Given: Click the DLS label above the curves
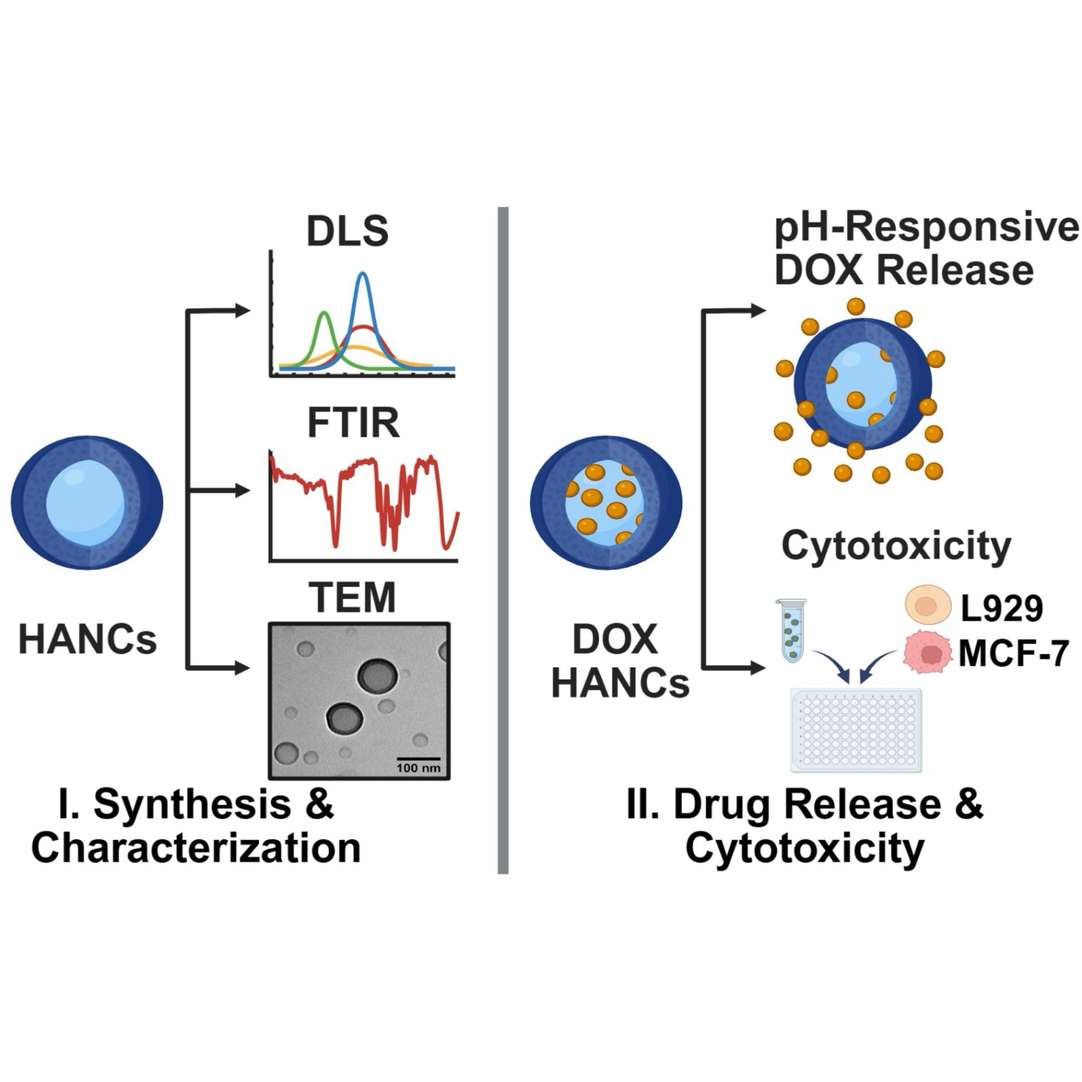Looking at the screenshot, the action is tap(347, 231).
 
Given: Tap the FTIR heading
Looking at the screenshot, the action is tap(354, 423).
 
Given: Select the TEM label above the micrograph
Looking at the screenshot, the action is tap(353, 597).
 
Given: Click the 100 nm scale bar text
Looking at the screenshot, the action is tap(418, 768).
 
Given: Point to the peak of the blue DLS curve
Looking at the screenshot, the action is tap(364, 273).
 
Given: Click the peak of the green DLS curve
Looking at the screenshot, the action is tap(324, 313).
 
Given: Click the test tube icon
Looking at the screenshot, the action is tap(791, 631).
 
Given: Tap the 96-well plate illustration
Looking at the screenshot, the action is tap(856, 731).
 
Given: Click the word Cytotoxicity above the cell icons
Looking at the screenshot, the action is tap(896, 546).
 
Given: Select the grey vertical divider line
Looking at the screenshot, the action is tap(503, 540).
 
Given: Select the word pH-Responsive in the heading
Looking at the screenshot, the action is tap(927, 230).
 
